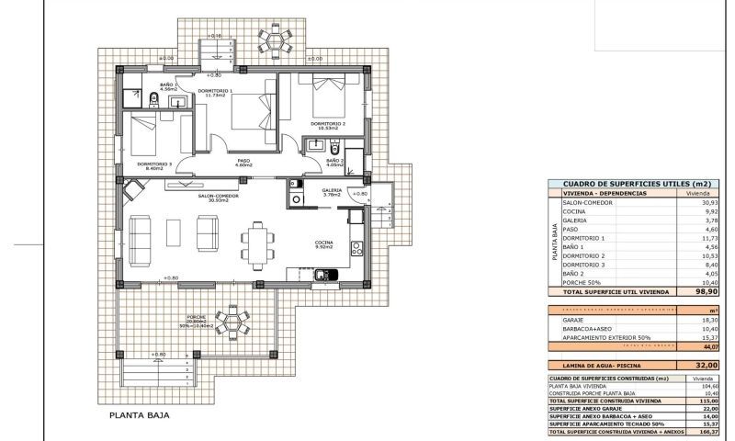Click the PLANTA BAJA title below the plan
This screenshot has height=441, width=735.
coord(140,414)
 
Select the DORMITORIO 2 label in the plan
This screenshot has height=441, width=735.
coord(327,123)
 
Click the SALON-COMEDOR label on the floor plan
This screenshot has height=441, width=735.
coord(218,196)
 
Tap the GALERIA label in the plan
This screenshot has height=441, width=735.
coord(332,190)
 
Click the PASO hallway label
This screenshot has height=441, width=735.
coord(243,161)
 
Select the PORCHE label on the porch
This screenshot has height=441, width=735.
coord(196,318)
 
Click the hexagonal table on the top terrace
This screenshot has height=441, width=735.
coord(274,40)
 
